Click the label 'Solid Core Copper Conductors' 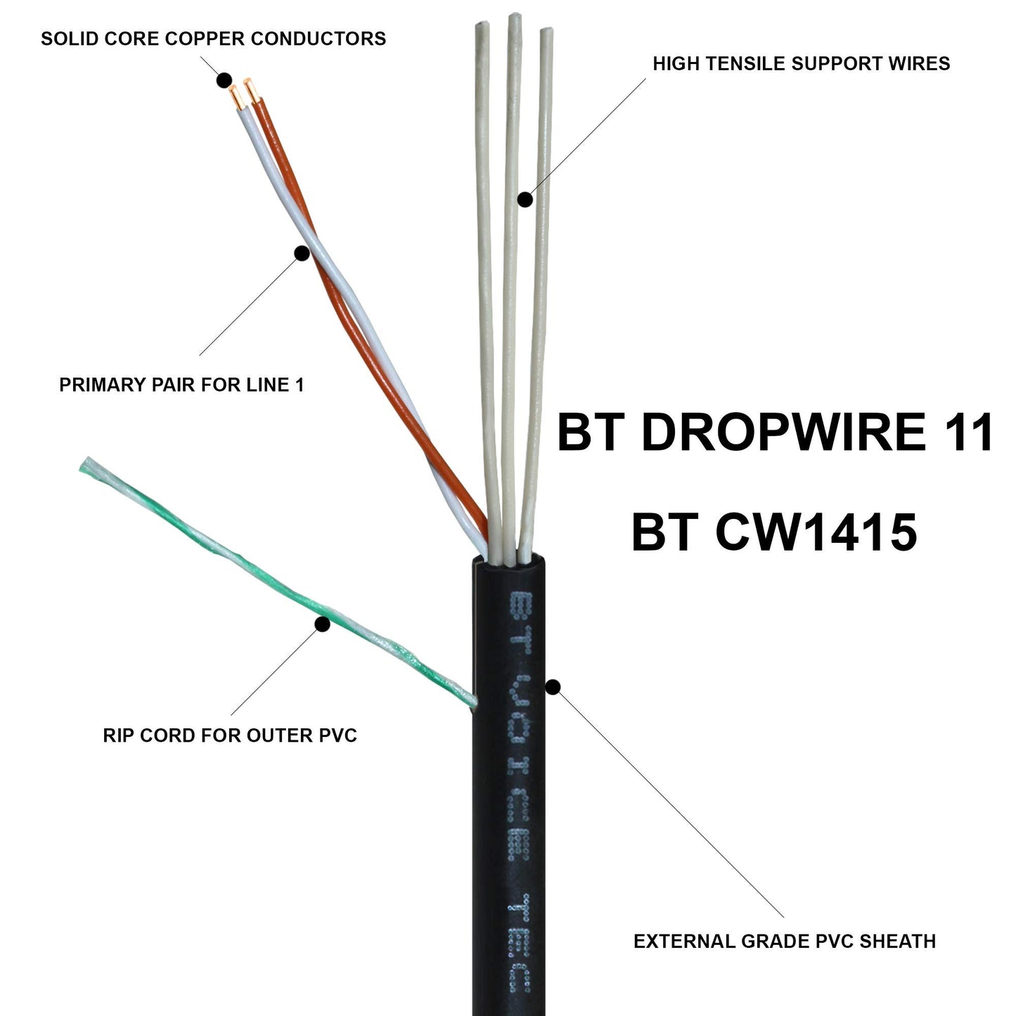[213, 38]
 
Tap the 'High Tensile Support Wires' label [801, 63]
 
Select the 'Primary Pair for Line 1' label [181, 385]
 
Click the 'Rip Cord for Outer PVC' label [230, 735]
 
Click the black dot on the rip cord [322, 624]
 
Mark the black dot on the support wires [525, 199]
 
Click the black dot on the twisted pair [302, 253]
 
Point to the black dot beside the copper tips [224, 79]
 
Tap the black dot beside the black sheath [553, 688]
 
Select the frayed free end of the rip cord [88, 465]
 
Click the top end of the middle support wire [514, 18]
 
